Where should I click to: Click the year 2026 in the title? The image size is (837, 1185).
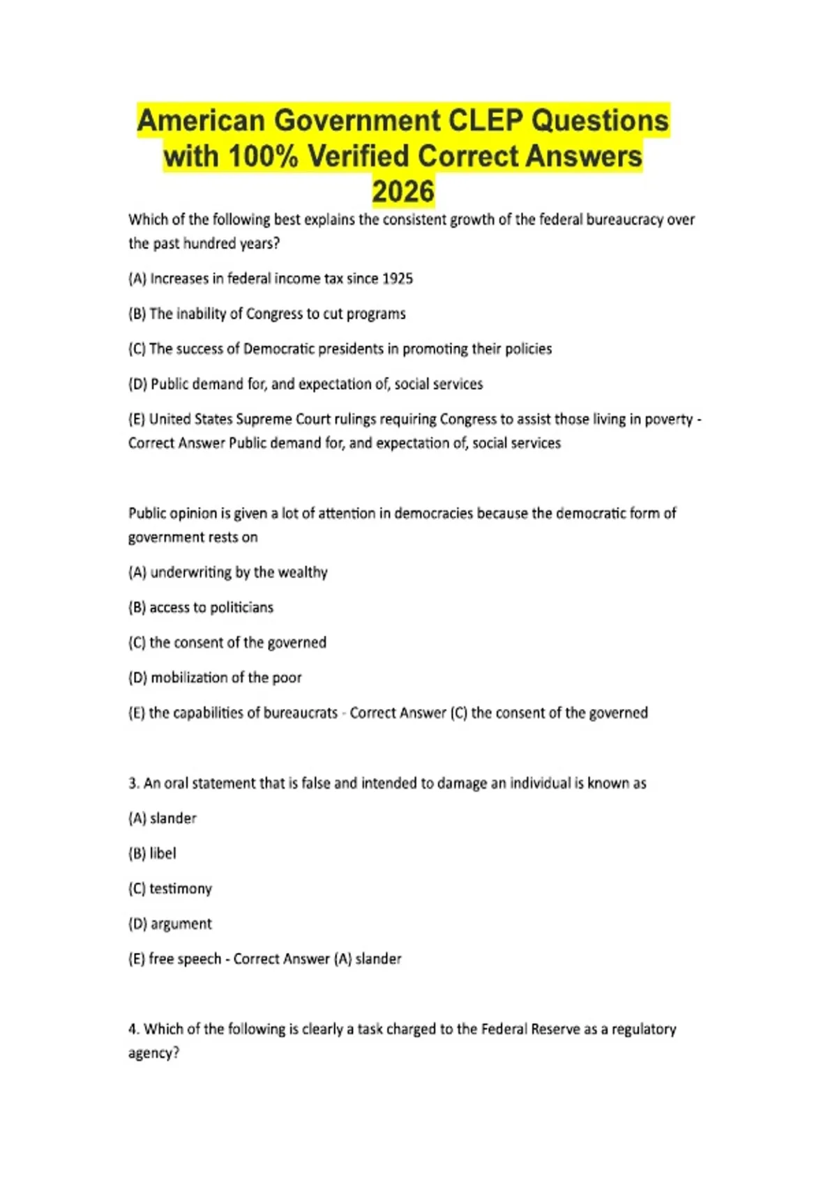[x=403, y=192]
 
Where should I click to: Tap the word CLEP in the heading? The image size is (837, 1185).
[x=485, y=121]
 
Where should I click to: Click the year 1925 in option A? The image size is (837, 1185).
[x=398, y=279]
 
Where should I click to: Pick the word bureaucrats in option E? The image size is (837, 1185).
[x=300, y=712]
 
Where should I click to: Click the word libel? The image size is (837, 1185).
[x=163, y=853]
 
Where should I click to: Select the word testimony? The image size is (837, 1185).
[x=181, y=889]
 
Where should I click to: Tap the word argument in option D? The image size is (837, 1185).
[x=181, y=924]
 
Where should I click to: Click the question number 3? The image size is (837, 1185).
[x=133, y=783]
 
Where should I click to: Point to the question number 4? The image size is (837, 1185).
[x=133, y=1029]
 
